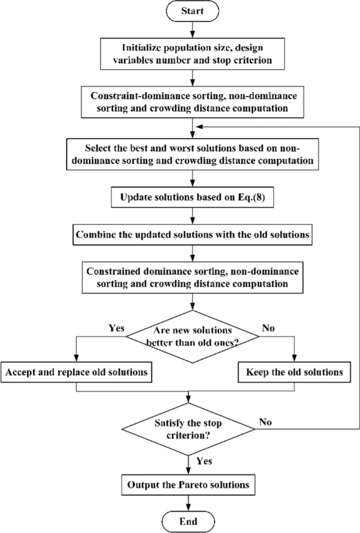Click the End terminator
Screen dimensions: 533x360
tap(189, 521)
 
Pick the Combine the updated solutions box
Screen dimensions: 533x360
tap(191, 234)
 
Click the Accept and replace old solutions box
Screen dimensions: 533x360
tap(77, 372)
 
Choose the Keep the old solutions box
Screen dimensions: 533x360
tap(294, 372)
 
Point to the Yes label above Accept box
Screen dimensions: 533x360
tap(116, 329)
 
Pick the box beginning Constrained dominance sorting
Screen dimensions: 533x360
tap(192, 278)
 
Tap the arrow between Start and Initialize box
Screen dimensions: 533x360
tap(194, 30)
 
